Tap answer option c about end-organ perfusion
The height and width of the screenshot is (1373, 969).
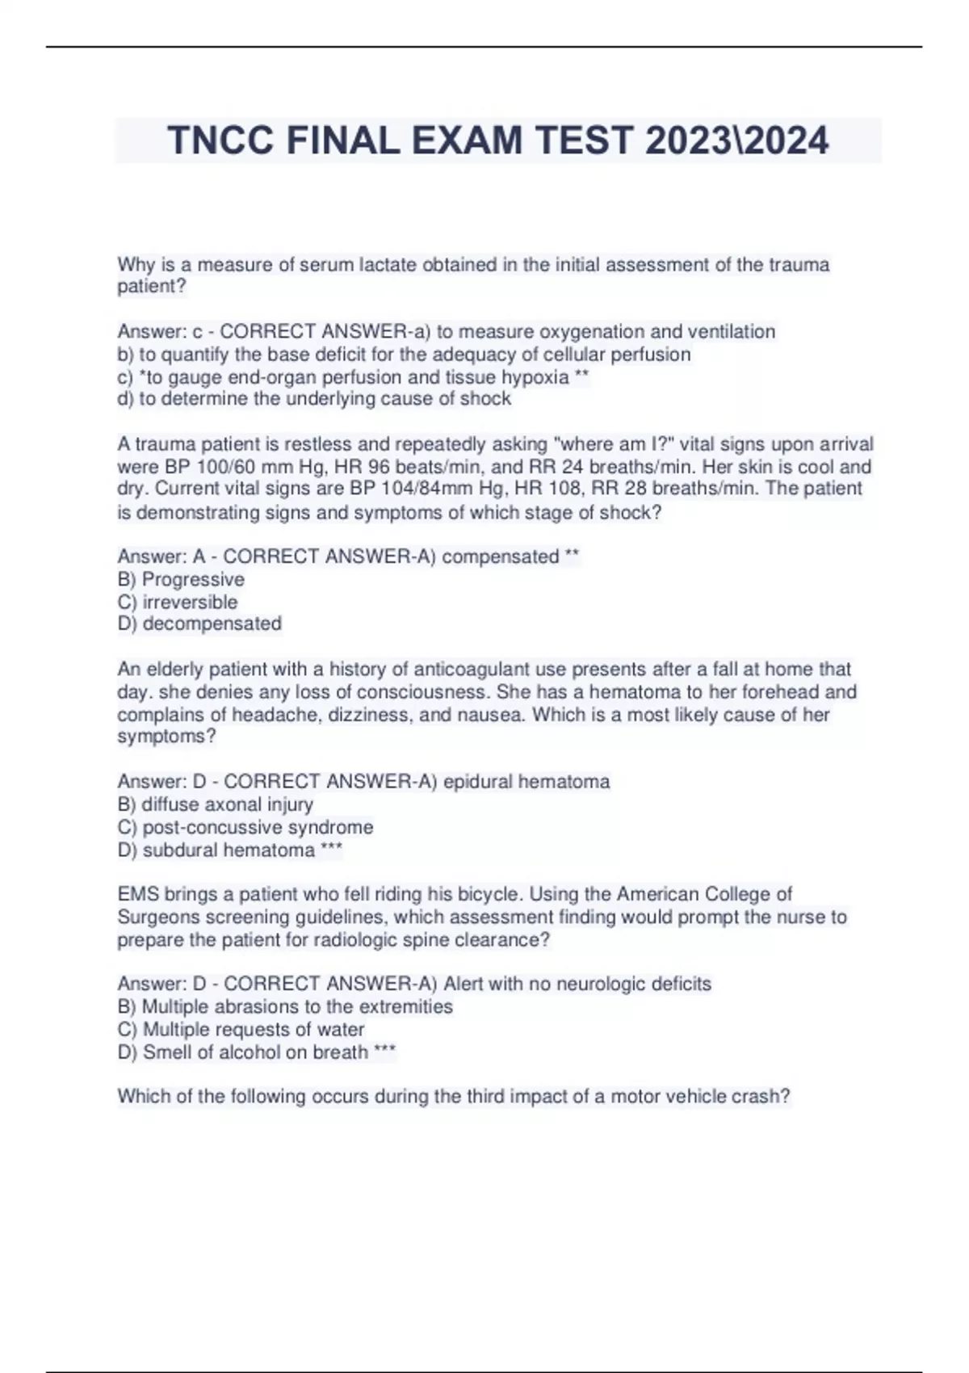click(353, 377)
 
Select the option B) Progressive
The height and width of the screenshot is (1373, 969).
click(181, 579)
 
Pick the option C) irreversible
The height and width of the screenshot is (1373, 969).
click(178, 602)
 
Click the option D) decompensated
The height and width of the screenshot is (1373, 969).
click(199, 624)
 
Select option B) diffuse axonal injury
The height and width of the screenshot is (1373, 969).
click(215, 804)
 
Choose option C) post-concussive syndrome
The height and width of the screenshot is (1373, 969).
click(245, 827)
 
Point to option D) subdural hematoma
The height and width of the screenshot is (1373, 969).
click(216, 850)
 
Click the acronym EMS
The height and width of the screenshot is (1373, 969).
click(138, 894)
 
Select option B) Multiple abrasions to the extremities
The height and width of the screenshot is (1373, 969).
click(285, 1006)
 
